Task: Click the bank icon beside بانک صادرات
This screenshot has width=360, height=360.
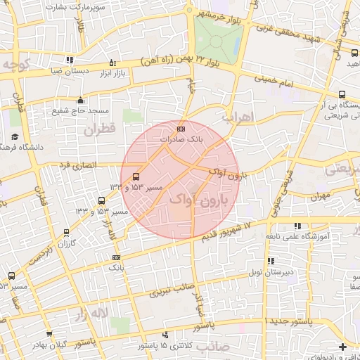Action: point(181,129)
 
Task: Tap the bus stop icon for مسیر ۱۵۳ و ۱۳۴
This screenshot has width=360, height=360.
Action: point(136,176)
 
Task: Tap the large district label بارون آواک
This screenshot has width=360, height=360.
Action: point(200,200)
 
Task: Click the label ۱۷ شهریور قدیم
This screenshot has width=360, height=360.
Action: point(233,229)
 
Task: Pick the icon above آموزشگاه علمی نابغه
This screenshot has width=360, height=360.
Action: point(297,225)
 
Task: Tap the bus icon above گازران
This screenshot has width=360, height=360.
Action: point(67,233)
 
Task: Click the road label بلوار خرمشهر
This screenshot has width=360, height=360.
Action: point(219,15)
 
